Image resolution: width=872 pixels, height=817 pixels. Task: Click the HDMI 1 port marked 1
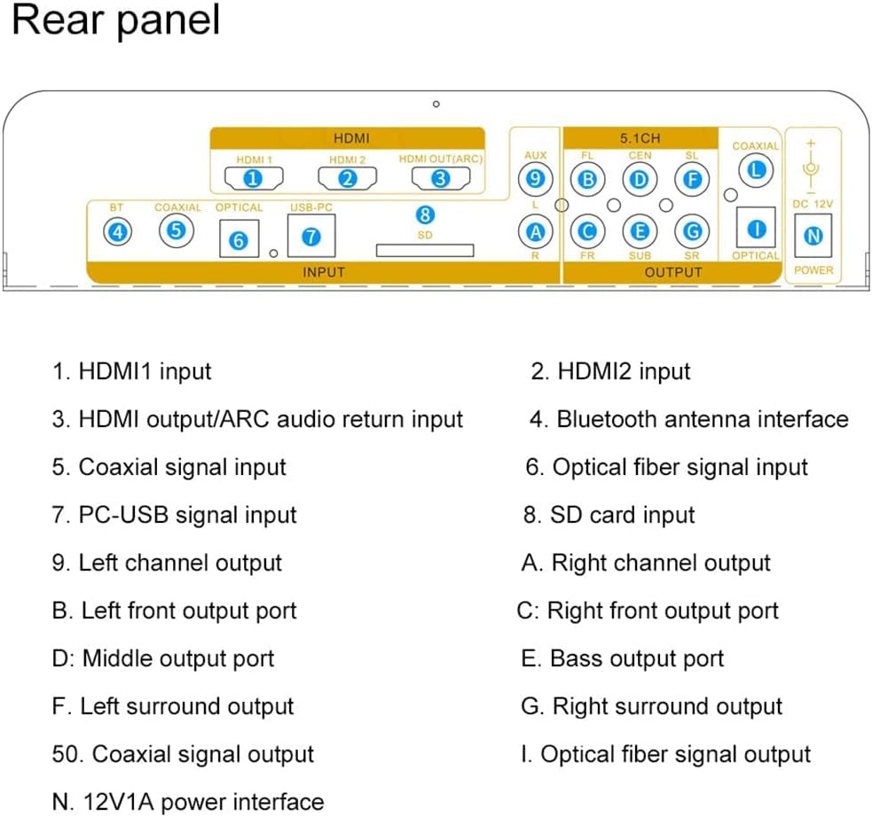coord(254,179)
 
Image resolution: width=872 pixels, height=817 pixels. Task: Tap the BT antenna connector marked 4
coord(117,231)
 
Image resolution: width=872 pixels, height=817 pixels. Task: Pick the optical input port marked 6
coord(239,239)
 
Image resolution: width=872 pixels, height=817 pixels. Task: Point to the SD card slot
coord(425,251)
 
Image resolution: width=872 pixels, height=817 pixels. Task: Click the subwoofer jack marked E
coord(639,232)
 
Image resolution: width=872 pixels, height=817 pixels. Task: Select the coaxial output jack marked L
coord(755,169)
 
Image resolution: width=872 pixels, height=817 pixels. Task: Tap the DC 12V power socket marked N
coord(813,236)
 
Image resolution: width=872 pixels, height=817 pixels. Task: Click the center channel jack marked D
coord(639,180)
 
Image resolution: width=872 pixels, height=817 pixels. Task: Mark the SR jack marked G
coord(691,232)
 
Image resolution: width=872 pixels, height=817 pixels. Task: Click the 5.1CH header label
coord(640,138)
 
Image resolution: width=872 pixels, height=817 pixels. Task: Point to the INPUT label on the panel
coord(323,272)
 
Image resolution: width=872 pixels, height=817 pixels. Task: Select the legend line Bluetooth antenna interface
coord(688,419)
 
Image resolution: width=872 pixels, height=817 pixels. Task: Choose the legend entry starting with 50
coord(183,754)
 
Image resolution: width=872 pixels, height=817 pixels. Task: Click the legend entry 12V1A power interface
coord(188,802)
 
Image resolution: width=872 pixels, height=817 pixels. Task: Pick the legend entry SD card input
coord(609,515)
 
